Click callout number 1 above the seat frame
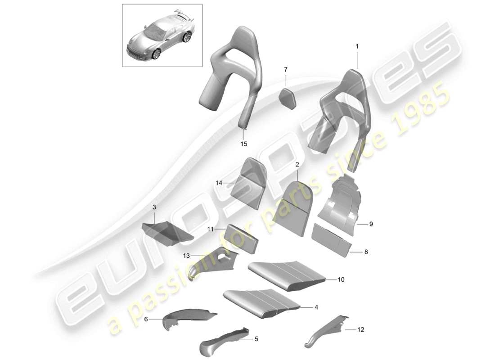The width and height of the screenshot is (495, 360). pos(357,46)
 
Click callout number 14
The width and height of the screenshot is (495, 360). pos(219,183)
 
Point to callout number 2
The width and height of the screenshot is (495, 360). pos(297,166)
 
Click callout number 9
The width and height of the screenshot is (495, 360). pos(371,223)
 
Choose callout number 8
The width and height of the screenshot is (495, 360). pos(366,252)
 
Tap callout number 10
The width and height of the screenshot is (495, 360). pos(341,280)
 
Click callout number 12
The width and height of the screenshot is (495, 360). pos(360,330)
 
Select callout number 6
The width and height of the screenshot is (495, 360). pos(146,319)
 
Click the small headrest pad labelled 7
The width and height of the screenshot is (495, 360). pos(286,97)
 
